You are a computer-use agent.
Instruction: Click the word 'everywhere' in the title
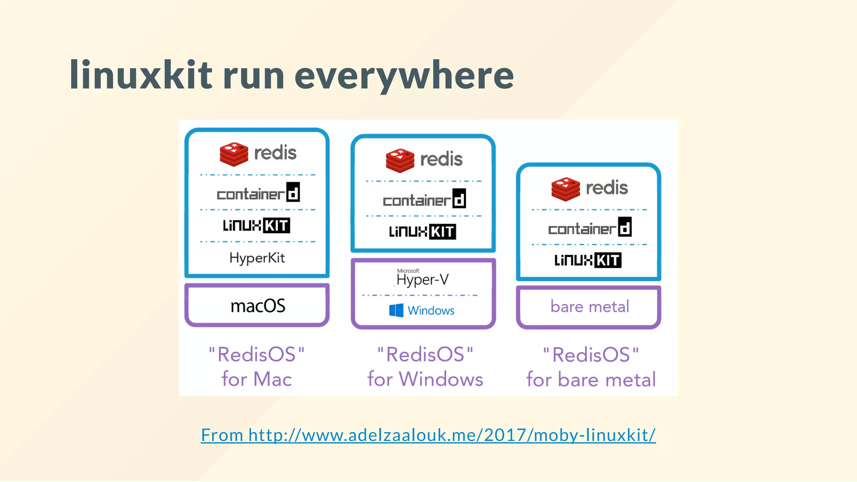pos(404,76)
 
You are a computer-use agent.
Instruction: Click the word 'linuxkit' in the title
pos(141,75)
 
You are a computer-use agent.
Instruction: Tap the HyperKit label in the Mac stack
pos(257,258)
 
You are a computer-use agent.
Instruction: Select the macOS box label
pos(258,306)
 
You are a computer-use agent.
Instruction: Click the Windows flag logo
pos(396,310)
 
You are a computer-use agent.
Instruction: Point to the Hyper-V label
pos(422,279)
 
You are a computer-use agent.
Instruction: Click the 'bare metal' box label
pos(590,307)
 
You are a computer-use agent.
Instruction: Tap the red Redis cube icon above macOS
pos(234,154)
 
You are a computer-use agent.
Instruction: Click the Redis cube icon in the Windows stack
pos(400,160)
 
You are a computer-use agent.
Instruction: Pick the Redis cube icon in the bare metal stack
pos(565,189)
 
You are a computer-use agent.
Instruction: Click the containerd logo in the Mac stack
pos(258,193)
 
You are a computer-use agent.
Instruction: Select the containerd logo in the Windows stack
pos(424,199)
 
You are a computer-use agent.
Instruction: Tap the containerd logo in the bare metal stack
pos(590,228)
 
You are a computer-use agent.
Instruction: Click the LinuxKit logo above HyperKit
pos(257,226)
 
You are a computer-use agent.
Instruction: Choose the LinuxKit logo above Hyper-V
pos(422,231)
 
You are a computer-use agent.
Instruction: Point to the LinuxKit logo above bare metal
pos(588,260)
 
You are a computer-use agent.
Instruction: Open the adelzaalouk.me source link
pos(428,435)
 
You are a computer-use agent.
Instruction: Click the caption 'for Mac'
pos(257,379)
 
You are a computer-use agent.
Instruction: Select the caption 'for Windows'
pos(425,379)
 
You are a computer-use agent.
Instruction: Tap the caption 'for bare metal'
pos(591,380)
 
